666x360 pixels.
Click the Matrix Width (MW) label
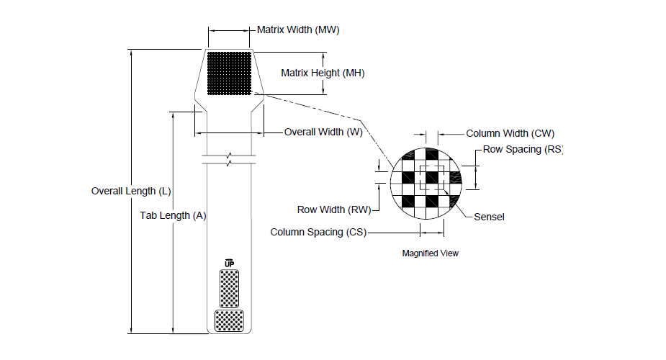click(298, 30)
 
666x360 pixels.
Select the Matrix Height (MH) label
click(323, 73)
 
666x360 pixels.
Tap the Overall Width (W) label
click(323, 132)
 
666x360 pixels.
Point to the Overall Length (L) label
click(131, 191)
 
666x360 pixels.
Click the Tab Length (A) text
click(173, 216)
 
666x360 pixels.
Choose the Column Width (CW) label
click(510, 133)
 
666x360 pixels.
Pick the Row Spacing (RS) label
click(523, 150)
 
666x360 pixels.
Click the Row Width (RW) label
click(334, 210)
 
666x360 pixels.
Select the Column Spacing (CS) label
click(318, 233)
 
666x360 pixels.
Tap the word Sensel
click(489, 217)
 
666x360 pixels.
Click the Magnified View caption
click(431, 253)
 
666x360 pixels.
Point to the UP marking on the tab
click(230, 264)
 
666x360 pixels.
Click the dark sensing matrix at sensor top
click(230, 73)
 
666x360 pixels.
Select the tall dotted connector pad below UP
click(230, 289)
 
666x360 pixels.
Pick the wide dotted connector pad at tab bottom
click(230, 320)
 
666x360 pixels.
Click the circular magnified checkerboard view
click(426, 184)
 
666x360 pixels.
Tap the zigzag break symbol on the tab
click(230, 159)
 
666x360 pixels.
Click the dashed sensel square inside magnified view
click(432, 178)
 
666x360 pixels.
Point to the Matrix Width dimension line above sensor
click(229, 30)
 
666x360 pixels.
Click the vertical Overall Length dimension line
click(131, 192)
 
